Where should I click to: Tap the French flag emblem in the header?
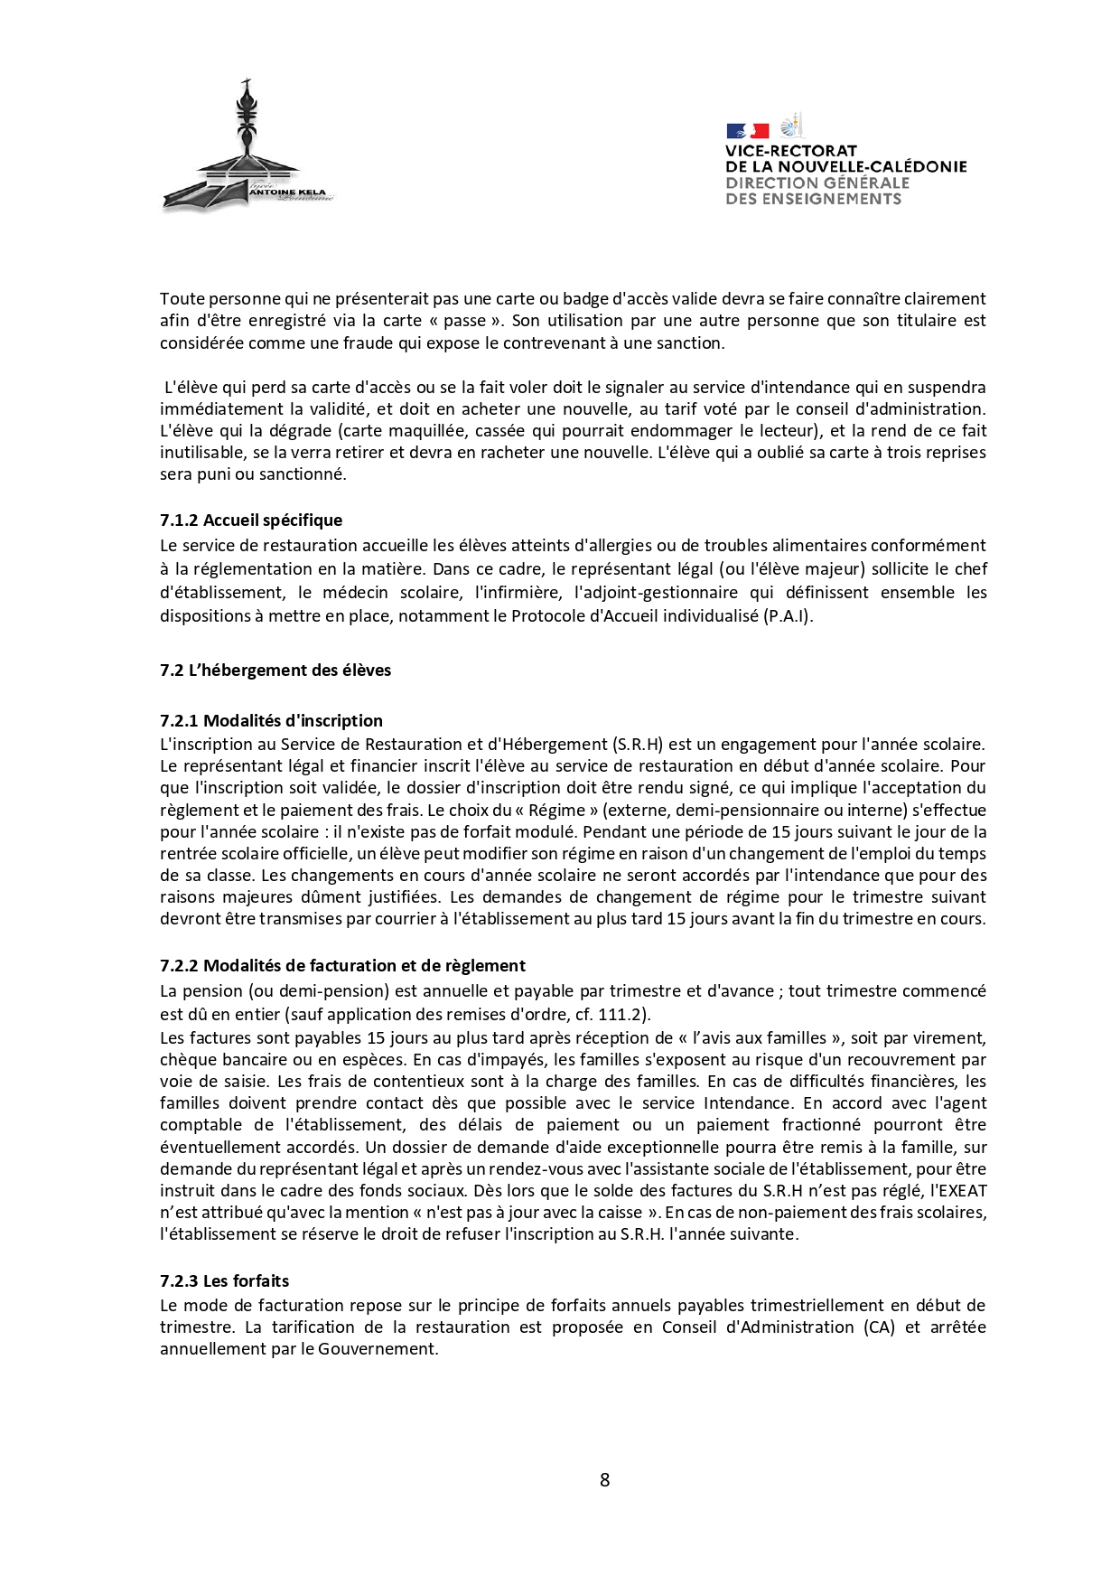[x=747, y=131]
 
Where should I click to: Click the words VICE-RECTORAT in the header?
[x=790, y=151]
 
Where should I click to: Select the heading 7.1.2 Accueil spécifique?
[x=251, y=521]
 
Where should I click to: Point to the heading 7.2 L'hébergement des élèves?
[x=275, y=671]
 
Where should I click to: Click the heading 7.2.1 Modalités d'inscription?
[x=271, y=721]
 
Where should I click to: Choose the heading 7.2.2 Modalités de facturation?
[x=342, y=966]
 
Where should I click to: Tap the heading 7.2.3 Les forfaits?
[x=224, y=1281]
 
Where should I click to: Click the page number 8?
[x=604, y=1479]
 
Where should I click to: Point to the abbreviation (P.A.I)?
[x=788, y=616]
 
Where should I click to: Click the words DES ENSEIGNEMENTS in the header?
[x=813, y=199]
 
